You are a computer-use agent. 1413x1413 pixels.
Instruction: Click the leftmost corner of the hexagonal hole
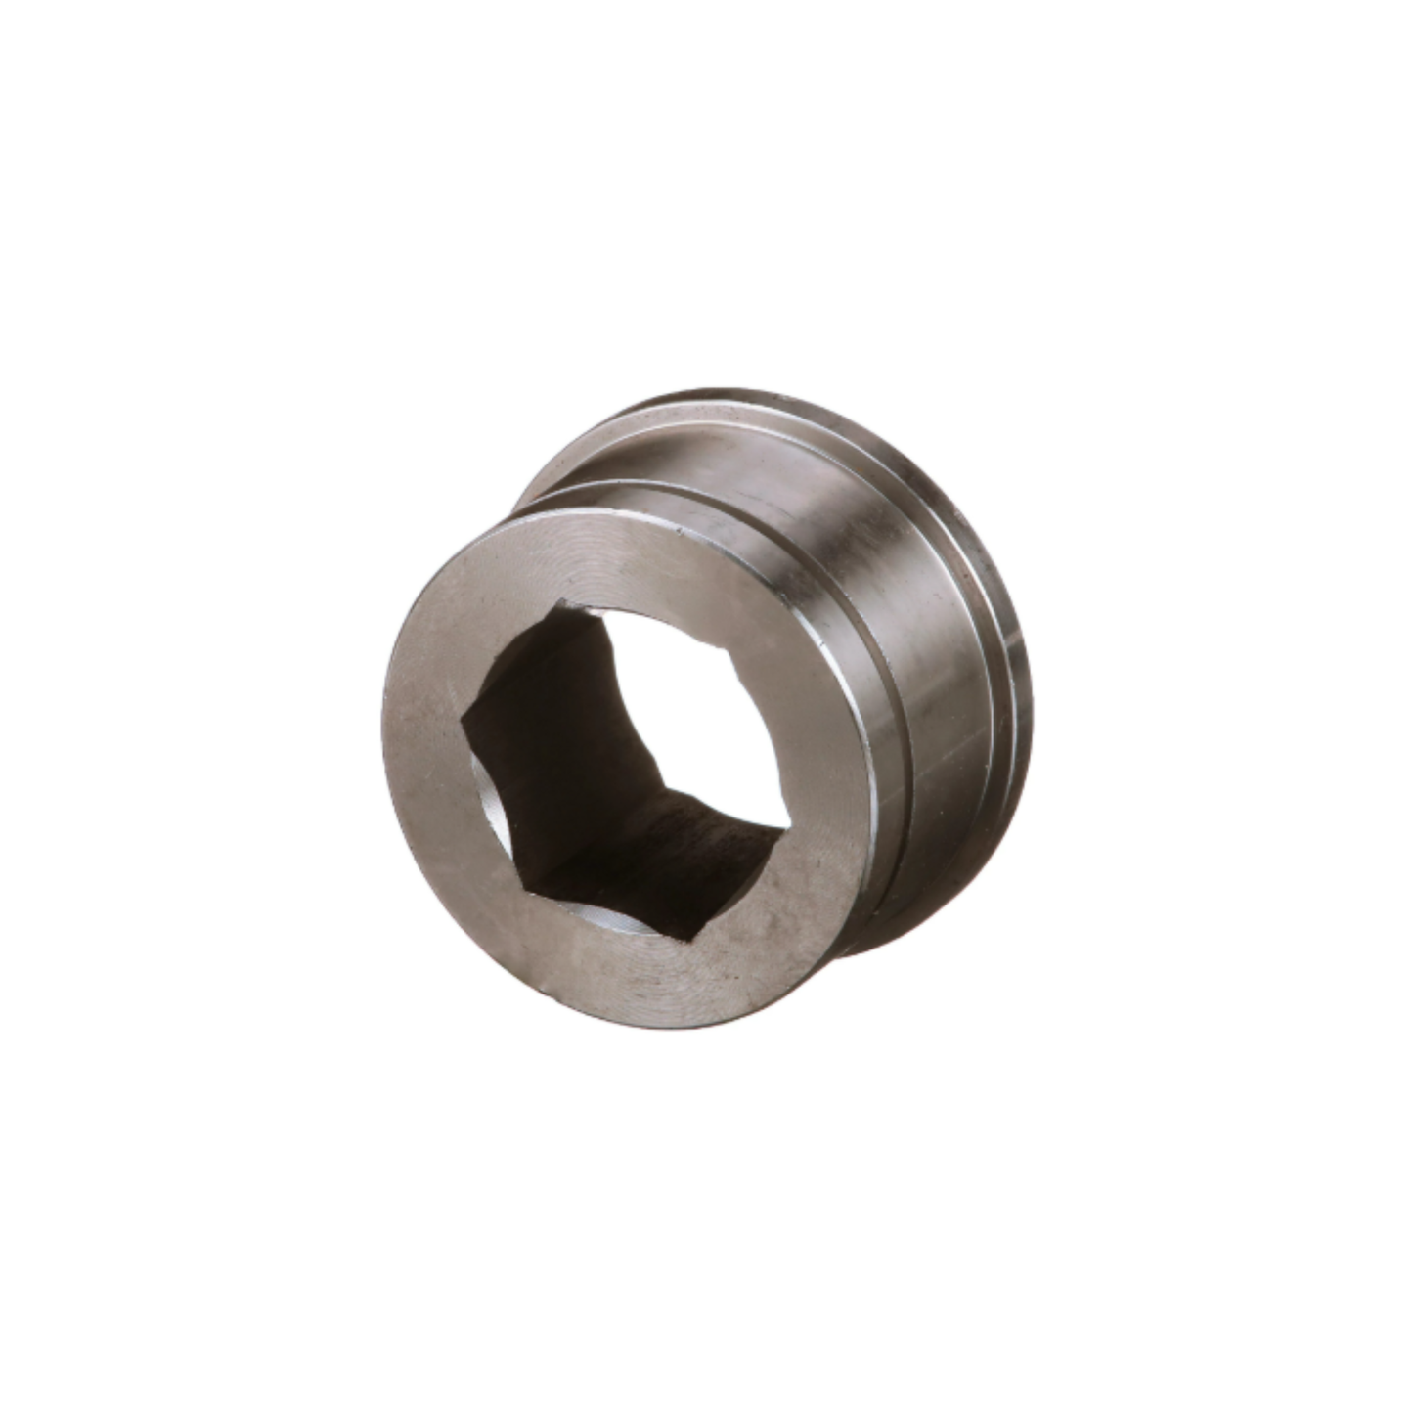click(x=462, y=721)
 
